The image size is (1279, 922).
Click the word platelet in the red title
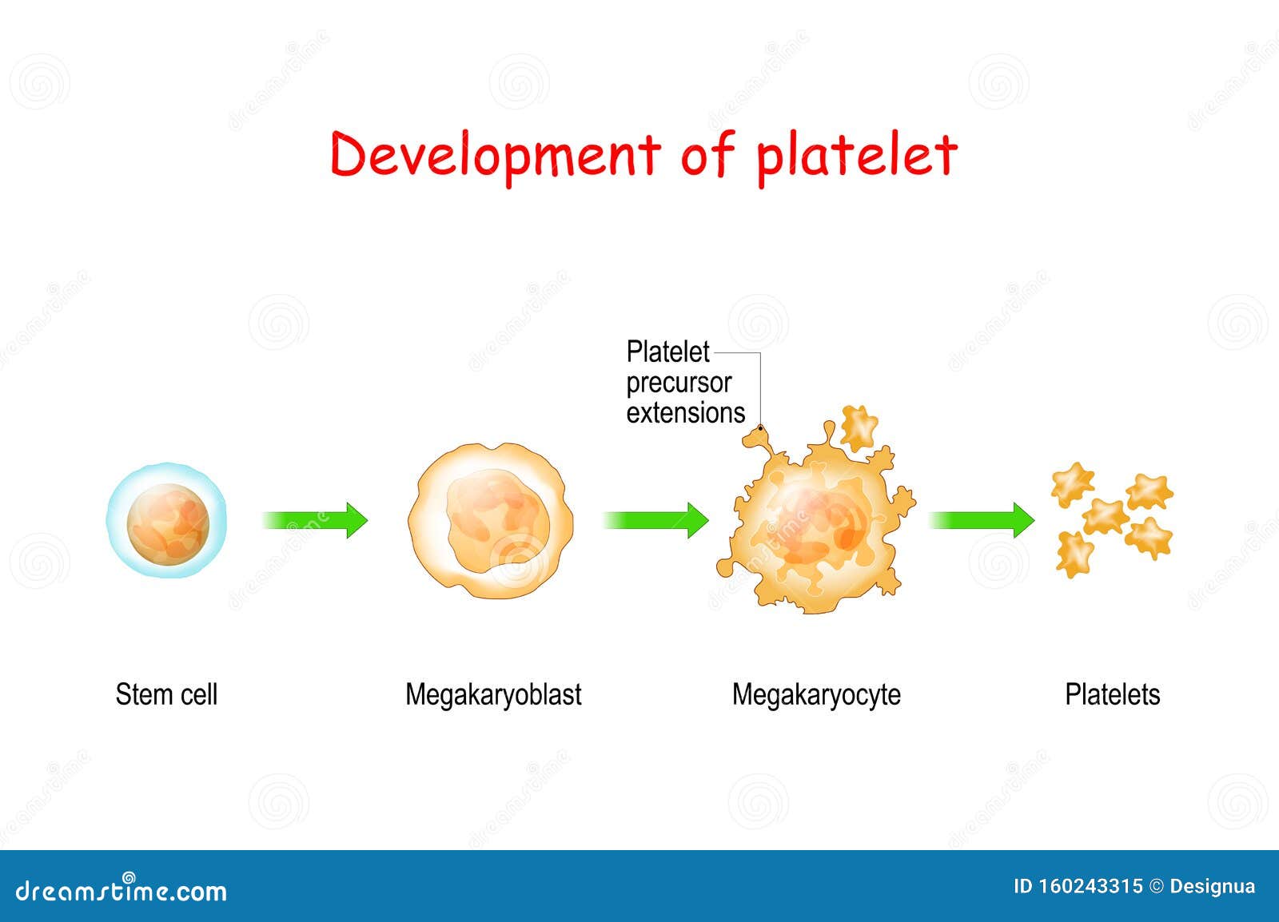click(856, 156)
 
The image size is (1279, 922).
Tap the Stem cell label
click(166, 694)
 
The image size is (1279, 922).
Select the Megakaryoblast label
click(493, 695)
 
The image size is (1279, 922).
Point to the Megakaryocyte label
click(816, 695)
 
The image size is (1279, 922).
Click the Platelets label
click(1112, 694)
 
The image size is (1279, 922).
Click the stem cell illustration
click(167, 521)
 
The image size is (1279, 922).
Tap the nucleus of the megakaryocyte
click(815, 527)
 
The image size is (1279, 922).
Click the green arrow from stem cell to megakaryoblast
click(316, 520)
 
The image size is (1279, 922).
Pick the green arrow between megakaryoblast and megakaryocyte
click(655, 520)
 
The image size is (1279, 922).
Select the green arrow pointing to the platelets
click(982, 520)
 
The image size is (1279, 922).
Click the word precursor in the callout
click(679, 383)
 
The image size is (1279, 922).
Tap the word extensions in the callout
click(685, 413)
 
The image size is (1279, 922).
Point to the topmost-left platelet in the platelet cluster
click(1072, 483)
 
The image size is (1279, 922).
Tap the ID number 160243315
click(1090, 886)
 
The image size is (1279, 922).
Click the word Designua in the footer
click(1212, 886)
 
